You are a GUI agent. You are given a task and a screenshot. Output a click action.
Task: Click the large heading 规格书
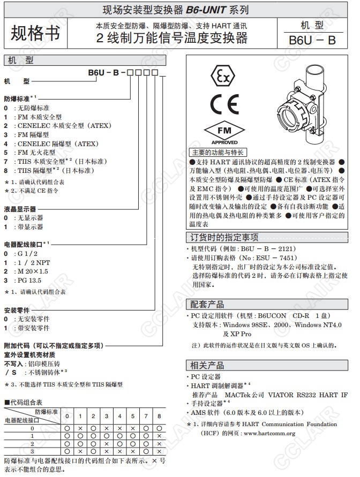click(35, 33)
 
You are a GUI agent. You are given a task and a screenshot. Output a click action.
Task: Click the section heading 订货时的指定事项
click(224, 237)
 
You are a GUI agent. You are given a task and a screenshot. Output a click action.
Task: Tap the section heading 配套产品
click(208, 304)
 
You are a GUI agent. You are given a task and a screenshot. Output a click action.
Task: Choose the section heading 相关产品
click(208, 365)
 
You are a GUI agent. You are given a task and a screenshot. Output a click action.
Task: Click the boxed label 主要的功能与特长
click(217, 152)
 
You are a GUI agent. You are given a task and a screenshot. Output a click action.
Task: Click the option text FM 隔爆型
click(33, 135)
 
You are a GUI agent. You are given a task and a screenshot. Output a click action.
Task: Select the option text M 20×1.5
click(33, 271)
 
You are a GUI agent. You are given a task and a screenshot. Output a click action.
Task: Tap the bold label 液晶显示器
click(20, 209)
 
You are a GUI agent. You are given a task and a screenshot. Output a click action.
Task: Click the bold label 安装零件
click(16, 310)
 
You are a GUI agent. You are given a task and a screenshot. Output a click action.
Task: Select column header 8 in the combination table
click(159, 416)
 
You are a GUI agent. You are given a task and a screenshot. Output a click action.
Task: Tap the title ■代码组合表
click(23, 402)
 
